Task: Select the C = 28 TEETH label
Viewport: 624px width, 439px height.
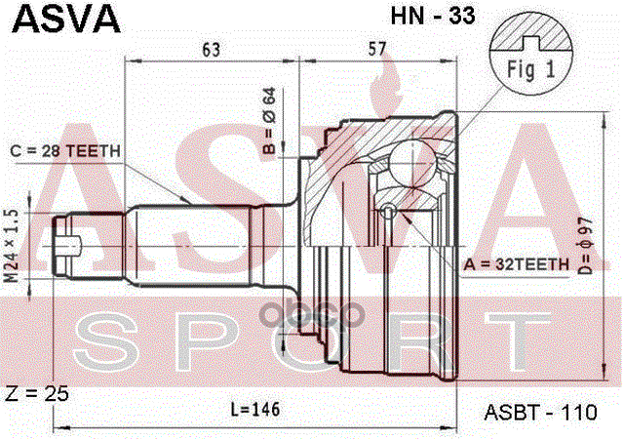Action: (65, 150)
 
